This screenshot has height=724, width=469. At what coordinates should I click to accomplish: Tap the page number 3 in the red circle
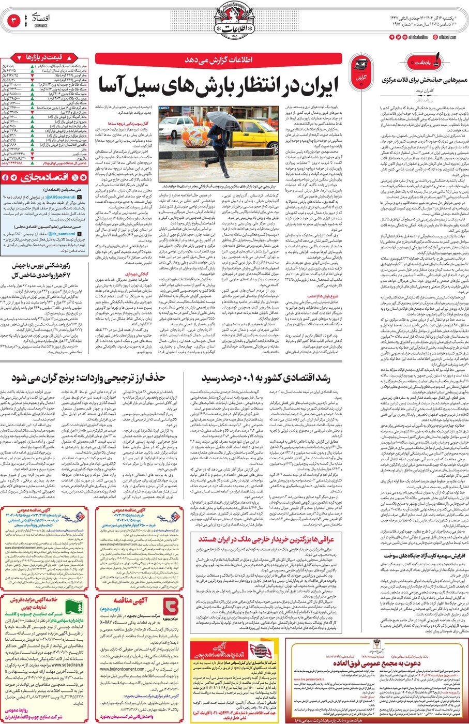coord(14,21)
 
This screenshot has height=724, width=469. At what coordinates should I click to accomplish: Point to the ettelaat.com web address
coord(447,37)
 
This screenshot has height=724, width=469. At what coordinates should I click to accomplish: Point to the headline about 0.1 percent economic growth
coord(266,378)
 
